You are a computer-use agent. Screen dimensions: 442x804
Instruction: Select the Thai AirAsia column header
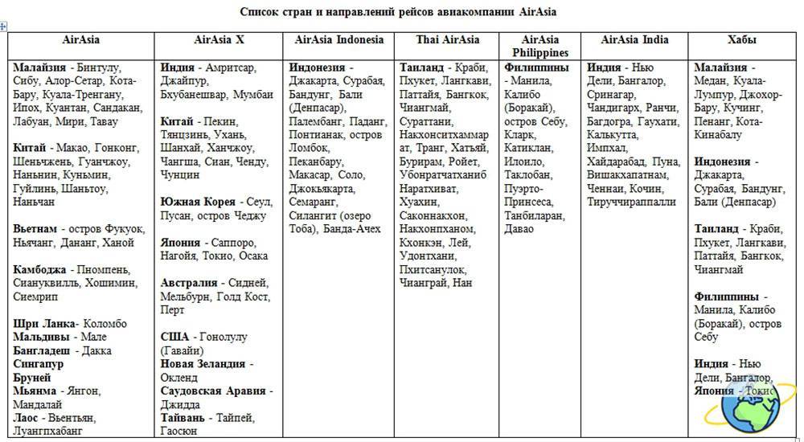pos(448,40)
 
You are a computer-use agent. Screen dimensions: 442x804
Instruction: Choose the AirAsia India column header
pos(634,40)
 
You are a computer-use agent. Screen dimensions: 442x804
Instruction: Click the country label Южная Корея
pos(198,202)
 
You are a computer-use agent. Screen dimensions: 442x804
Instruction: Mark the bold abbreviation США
pos(176,337)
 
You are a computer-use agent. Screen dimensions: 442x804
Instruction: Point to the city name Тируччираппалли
pos(632,202)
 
